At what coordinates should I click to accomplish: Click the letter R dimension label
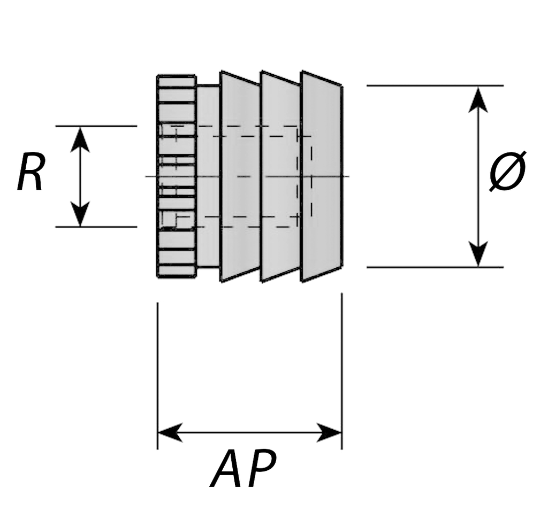pos(30,172)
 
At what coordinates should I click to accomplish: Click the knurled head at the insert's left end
pos(177,176)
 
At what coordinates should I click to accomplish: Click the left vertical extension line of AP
pos(157,374)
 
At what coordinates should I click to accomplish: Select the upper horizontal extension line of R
pos(96,126)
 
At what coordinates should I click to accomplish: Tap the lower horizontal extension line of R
pos(96,227)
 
